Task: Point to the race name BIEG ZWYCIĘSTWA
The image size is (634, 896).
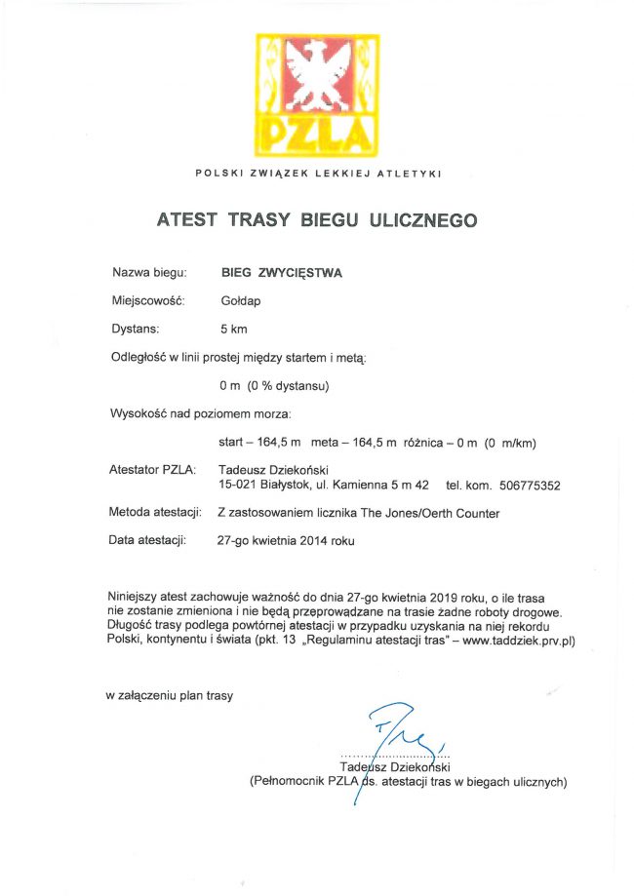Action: click(x=282, y=273)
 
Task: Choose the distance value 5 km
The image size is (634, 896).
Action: click(x=234, y=330)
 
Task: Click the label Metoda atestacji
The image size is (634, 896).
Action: click(x=156, y=513)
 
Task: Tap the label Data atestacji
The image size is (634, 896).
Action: click(x=148, y=540)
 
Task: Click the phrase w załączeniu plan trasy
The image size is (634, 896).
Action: click(x=170, y=695)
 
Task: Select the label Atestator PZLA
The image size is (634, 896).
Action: click(x=153, y=471)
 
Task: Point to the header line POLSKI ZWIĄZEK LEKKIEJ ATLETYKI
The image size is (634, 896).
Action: click(x=318, y=174)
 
